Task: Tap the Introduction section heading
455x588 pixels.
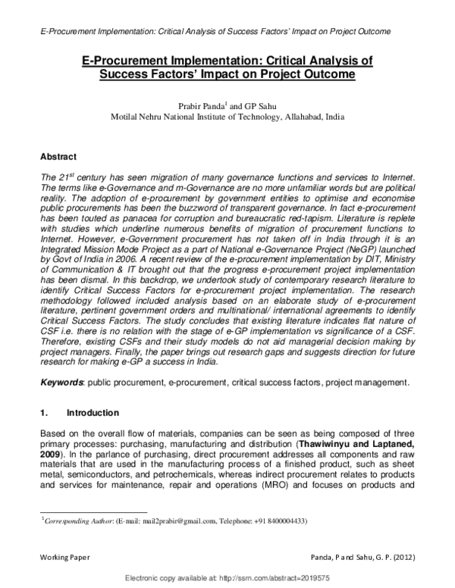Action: point(93,414)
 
